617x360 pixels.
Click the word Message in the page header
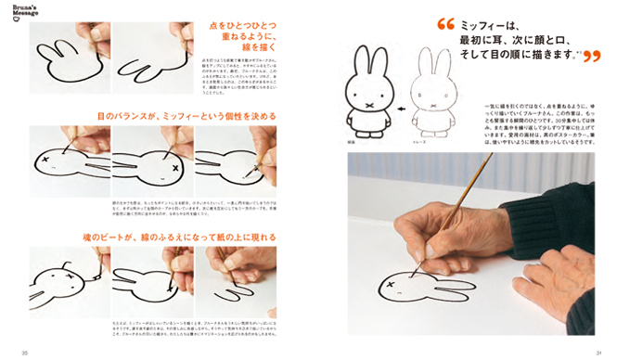pyautogui.click(x=25, y=16)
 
